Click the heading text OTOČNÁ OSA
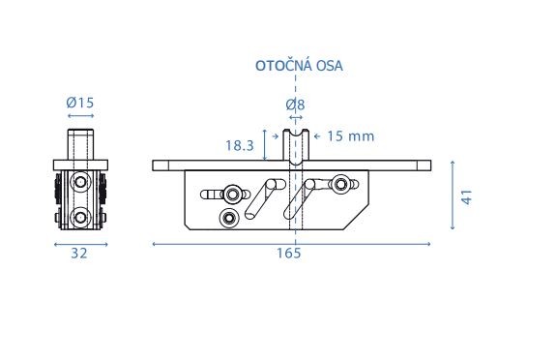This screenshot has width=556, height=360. [x=299, y=66]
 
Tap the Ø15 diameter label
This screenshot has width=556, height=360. [x=80, y=103]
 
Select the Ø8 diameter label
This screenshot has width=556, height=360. [x=295, y=105]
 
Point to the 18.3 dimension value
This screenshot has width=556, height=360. [x=240, y=145]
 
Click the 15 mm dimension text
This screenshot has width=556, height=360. [x=350, y=136]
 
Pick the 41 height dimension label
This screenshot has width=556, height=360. [x=467, y=197]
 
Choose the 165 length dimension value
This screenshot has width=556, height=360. [x=289, y=254]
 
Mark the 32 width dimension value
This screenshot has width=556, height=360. [x=79, y=254]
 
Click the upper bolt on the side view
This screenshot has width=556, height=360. [x=80, y=182]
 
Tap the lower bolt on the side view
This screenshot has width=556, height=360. [x=80, y=217]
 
